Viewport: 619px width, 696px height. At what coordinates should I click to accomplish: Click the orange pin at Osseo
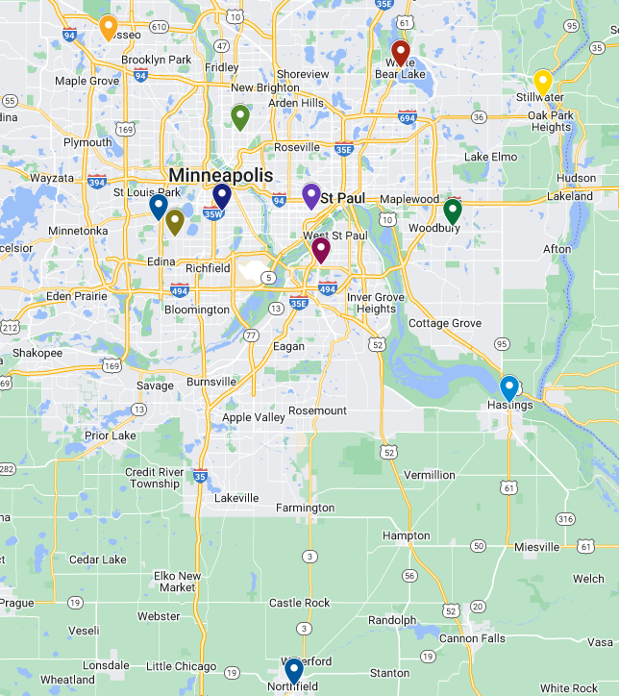[109, 27]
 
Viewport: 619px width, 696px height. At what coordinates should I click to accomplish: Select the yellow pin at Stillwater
[543, 82]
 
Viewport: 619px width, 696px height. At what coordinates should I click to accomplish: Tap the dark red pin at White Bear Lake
[401, 52]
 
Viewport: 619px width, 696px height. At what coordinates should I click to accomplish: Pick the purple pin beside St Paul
[310, 195]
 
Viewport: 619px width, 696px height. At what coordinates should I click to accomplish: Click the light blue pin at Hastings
[509, 387]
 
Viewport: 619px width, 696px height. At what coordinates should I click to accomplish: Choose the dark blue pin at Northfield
[293, 670]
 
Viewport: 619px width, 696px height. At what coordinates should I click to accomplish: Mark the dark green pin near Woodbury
[453, 211]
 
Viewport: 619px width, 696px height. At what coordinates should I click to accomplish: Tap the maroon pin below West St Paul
[321, 249]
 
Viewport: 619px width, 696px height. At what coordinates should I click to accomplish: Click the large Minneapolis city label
[220, 175]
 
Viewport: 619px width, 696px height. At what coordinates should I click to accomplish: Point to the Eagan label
[288, 346]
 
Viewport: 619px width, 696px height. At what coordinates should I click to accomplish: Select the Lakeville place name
[236, 498]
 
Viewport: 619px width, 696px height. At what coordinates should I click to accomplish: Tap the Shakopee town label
[37, 353]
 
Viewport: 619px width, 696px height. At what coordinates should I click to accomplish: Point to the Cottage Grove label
[445, 323]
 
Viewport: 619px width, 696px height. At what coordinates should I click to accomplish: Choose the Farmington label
[305, 508]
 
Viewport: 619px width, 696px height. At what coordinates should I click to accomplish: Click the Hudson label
[576, 178]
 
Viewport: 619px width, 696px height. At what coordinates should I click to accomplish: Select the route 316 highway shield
[565, 519]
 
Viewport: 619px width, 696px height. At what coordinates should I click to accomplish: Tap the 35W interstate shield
[213, 214]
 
